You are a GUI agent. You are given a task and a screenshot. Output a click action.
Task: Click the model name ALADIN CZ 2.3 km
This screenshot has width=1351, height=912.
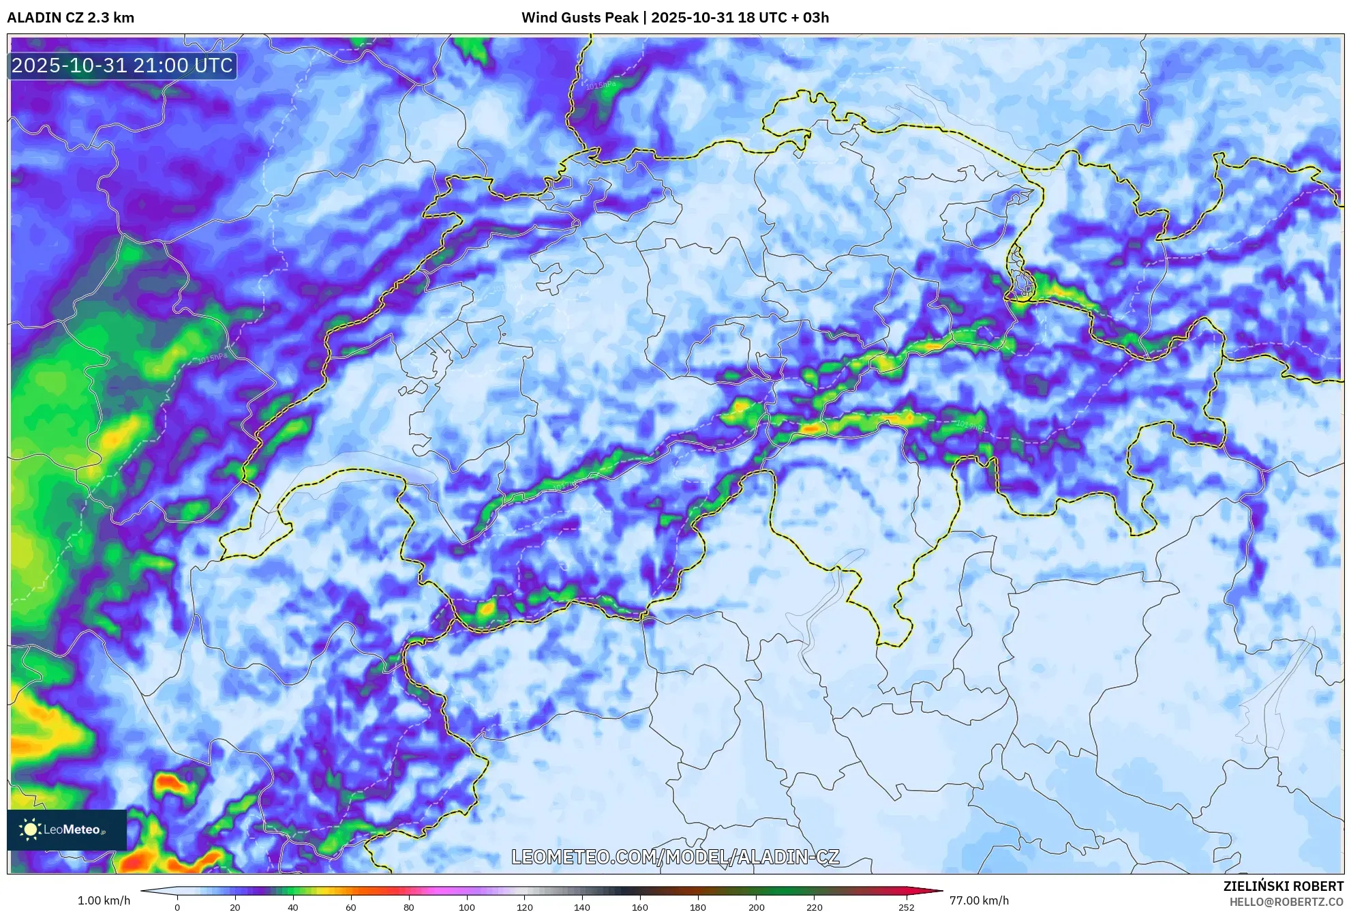[71, 18]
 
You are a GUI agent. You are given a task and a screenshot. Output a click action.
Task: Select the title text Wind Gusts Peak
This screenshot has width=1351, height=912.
[579, 18]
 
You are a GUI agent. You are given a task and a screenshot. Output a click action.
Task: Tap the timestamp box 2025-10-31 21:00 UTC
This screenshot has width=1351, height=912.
[123, 65]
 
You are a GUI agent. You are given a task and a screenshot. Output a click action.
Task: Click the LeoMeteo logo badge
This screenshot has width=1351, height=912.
[67, 829]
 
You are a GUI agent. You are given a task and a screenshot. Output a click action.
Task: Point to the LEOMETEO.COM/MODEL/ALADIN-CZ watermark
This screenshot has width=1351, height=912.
[675, 857]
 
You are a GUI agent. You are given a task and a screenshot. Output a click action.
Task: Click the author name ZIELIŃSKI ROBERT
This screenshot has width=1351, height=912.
[1284, 886]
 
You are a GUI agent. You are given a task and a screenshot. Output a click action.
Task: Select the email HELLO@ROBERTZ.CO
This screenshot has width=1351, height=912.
[1286, 902]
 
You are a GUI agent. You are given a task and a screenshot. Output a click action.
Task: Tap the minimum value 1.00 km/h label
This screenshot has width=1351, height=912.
[104, 900]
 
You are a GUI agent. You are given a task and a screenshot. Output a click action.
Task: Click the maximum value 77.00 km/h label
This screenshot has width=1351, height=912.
[979, 900]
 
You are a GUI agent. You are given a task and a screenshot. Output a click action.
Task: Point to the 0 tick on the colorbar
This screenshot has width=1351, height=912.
[177, 907]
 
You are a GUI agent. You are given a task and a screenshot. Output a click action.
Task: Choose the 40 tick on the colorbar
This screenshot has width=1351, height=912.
[293, 907]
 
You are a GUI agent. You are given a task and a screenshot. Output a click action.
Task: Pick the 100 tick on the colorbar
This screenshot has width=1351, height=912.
[466, 907]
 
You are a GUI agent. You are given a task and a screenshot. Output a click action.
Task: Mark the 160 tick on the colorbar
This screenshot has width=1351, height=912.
[640, 907]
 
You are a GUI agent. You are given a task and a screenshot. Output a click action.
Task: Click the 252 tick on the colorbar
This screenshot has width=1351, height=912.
[906, 907]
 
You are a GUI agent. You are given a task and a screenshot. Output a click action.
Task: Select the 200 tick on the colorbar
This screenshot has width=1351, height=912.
[756, 907]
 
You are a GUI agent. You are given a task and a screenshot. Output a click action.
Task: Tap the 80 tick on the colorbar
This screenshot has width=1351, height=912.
[408, 907]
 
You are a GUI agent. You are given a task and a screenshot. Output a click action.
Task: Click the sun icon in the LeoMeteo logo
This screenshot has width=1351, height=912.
[30, 829]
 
